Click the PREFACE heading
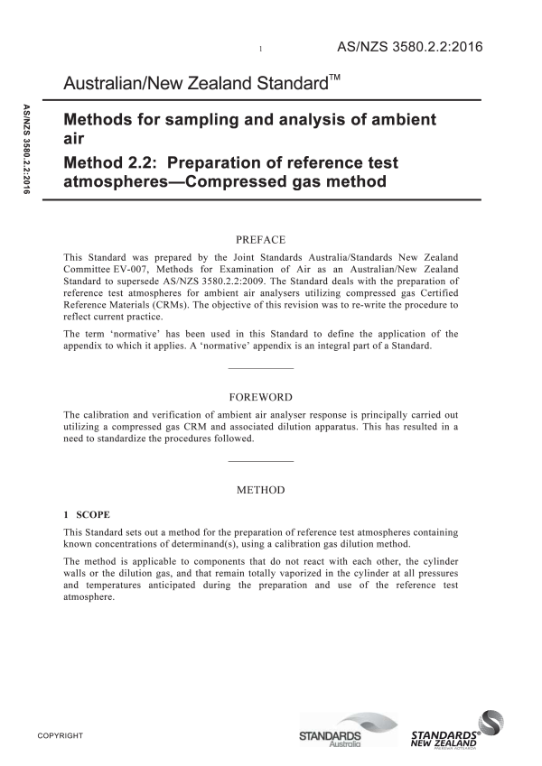click(260, 239)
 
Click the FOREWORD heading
click(260, 396)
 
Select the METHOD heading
click(260, 490)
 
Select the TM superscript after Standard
click(332, 79)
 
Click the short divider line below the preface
click(260, 368)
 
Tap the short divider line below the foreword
click(260, 462)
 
